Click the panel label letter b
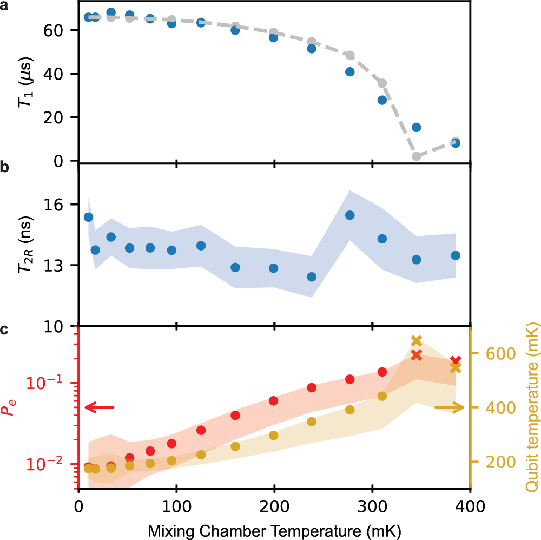tap(4, 167)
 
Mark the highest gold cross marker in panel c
tap(416, 341)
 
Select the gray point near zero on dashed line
tap(416, 156)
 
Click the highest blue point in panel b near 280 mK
tap(350, 215)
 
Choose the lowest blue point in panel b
tap(312, 276)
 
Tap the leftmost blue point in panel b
tap(88, 217)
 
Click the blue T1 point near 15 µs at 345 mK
tap(416, 127)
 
